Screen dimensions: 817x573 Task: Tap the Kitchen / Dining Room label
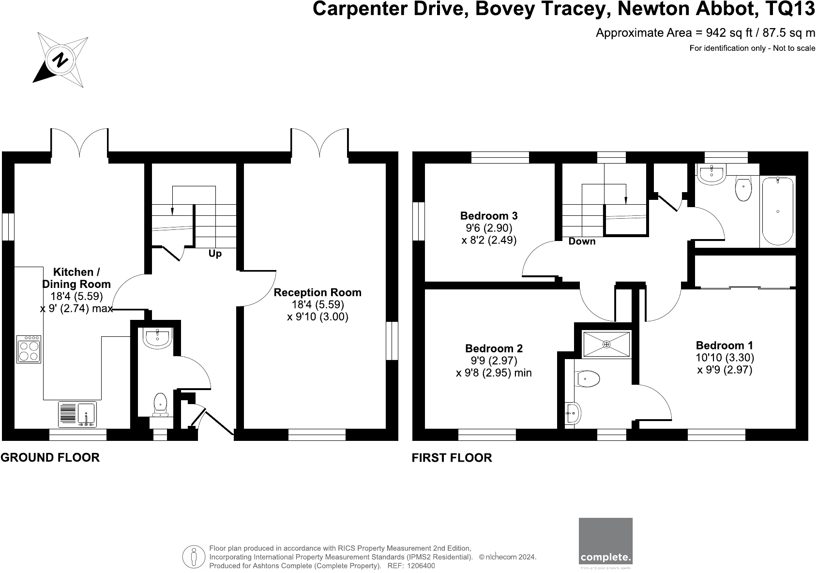coord(76,278)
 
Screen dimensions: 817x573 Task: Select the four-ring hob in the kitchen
coord(29,349)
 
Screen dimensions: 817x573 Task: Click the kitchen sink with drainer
coord(77,415)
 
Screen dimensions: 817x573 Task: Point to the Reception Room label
coord(318,293)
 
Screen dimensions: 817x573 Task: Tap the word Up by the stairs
coord(215,254)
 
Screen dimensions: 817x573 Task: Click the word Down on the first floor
coord(582,241)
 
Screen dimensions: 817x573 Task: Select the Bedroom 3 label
coord(489,216)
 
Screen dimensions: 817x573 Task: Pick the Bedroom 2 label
coord(494,348)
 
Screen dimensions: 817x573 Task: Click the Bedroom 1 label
coord(725,346)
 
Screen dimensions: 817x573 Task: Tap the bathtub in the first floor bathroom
coord(778,211)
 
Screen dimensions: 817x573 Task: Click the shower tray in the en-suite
coord(607,345)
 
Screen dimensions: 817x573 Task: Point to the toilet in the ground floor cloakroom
coord(160,405)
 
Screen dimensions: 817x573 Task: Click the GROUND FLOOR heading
coord(50,457)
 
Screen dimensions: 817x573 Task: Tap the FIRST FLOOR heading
coord(452,458)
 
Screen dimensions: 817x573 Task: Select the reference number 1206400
coord(421,566)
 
